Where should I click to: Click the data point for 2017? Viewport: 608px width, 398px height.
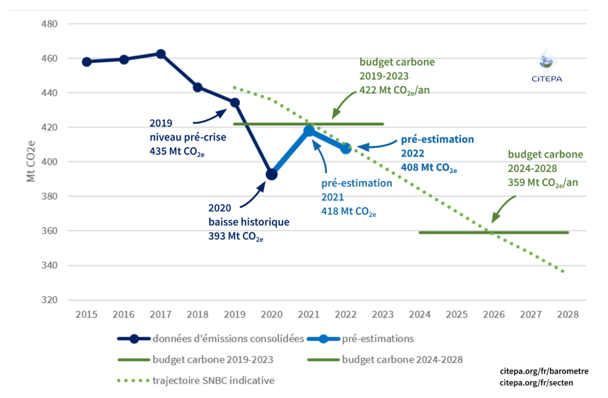[160, 54]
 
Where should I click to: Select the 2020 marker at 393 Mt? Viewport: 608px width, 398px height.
[271, 174]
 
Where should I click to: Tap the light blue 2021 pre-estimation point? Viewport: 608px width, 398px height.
[309, 130]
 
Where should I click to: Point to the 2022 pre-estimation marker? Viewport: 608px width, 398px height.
[346, 148]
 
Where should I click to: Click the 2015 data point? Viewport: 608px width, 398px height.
[87, 62]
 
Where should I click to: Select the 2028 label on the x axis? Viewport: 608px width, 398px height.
[568, 314]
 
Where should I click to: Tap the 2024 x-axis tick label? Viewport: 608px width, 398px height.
[420, 314]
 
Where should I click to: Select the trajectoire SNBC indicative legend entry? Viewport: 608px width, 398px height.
[214, 380]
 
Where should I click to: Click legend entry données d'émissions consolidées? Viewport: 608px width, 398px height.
[229, 339]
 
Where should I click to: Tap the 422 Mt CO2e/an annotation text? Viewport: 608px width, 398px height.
[401, 91]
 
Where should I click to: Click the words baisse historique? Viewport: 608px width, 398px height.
[249, 222]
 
